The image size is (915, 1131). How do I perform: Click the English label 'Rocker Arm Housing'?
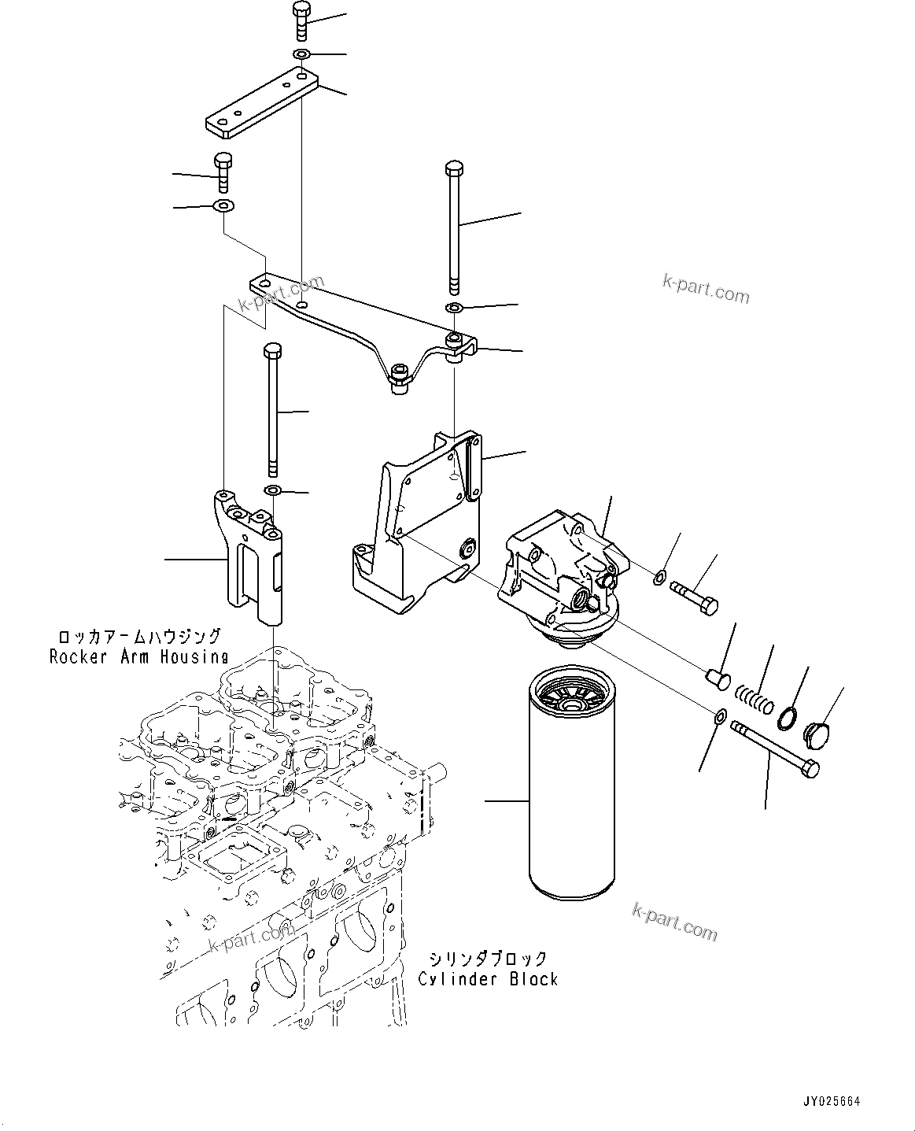point(138,656)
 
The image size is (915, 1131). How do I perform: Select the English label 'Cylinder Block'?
point(488,979)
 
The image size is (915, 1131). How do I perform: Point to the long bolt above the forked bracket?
point(272,409)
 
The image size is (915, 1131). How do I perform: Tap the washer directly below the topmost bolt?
point(301,54)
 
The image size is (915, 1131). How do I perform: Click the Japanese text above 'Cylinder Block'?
point(488,959)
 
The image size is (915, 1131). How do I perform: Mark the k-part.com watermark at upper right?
point(705,290)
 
